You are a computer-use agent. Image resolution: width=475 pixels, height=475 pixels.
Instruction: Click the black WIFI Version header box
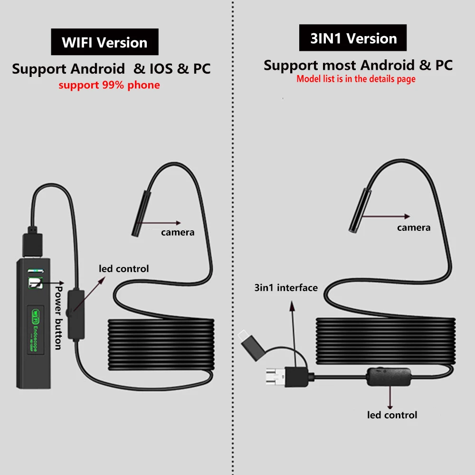point(104,42)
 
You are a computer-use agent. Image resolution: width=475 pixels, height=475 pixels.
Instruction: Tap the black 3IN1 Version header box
point(353,38)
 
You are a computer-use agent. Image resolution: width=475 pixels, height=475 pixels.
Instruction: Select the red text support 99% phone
point(109,85)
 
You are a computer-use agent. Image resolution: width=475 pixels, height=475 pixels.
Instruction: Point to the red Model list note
point(356,79)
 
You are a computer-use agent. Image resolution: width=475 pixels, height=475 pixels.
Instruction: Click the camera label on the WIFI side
point(177,232)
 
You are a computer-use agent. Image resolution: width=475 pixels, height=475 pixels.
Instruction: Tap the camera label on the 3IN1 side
point(414,228)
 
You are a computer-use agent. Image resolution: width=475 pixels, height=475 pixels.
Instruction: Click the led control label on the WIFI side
point(123,269)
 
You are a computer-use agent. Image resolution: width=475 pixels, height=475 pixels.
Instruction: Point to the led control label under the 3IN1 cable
point(392,415)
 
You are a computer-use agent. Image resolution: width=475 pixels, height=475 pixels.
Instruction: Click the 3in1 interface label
point(286,287)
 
